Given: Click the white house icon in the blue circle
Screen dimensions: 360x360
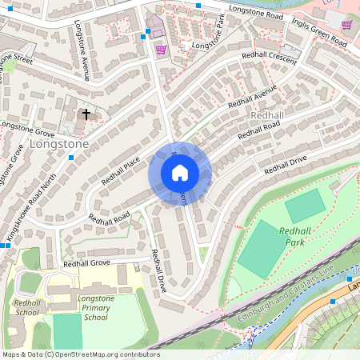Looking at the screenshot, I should [180, 173].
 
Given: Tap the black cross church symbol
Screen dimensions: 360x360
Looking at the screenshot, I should [86, 114].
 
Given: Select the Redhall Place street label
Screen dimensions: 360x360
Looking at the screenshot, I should [122, 168].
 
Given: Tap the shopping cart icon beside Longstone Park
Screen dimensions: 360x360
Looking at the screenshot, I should [160, 50].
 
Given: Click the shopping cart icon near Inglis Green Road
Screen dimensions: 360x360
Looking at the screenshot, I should [346, 24].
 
